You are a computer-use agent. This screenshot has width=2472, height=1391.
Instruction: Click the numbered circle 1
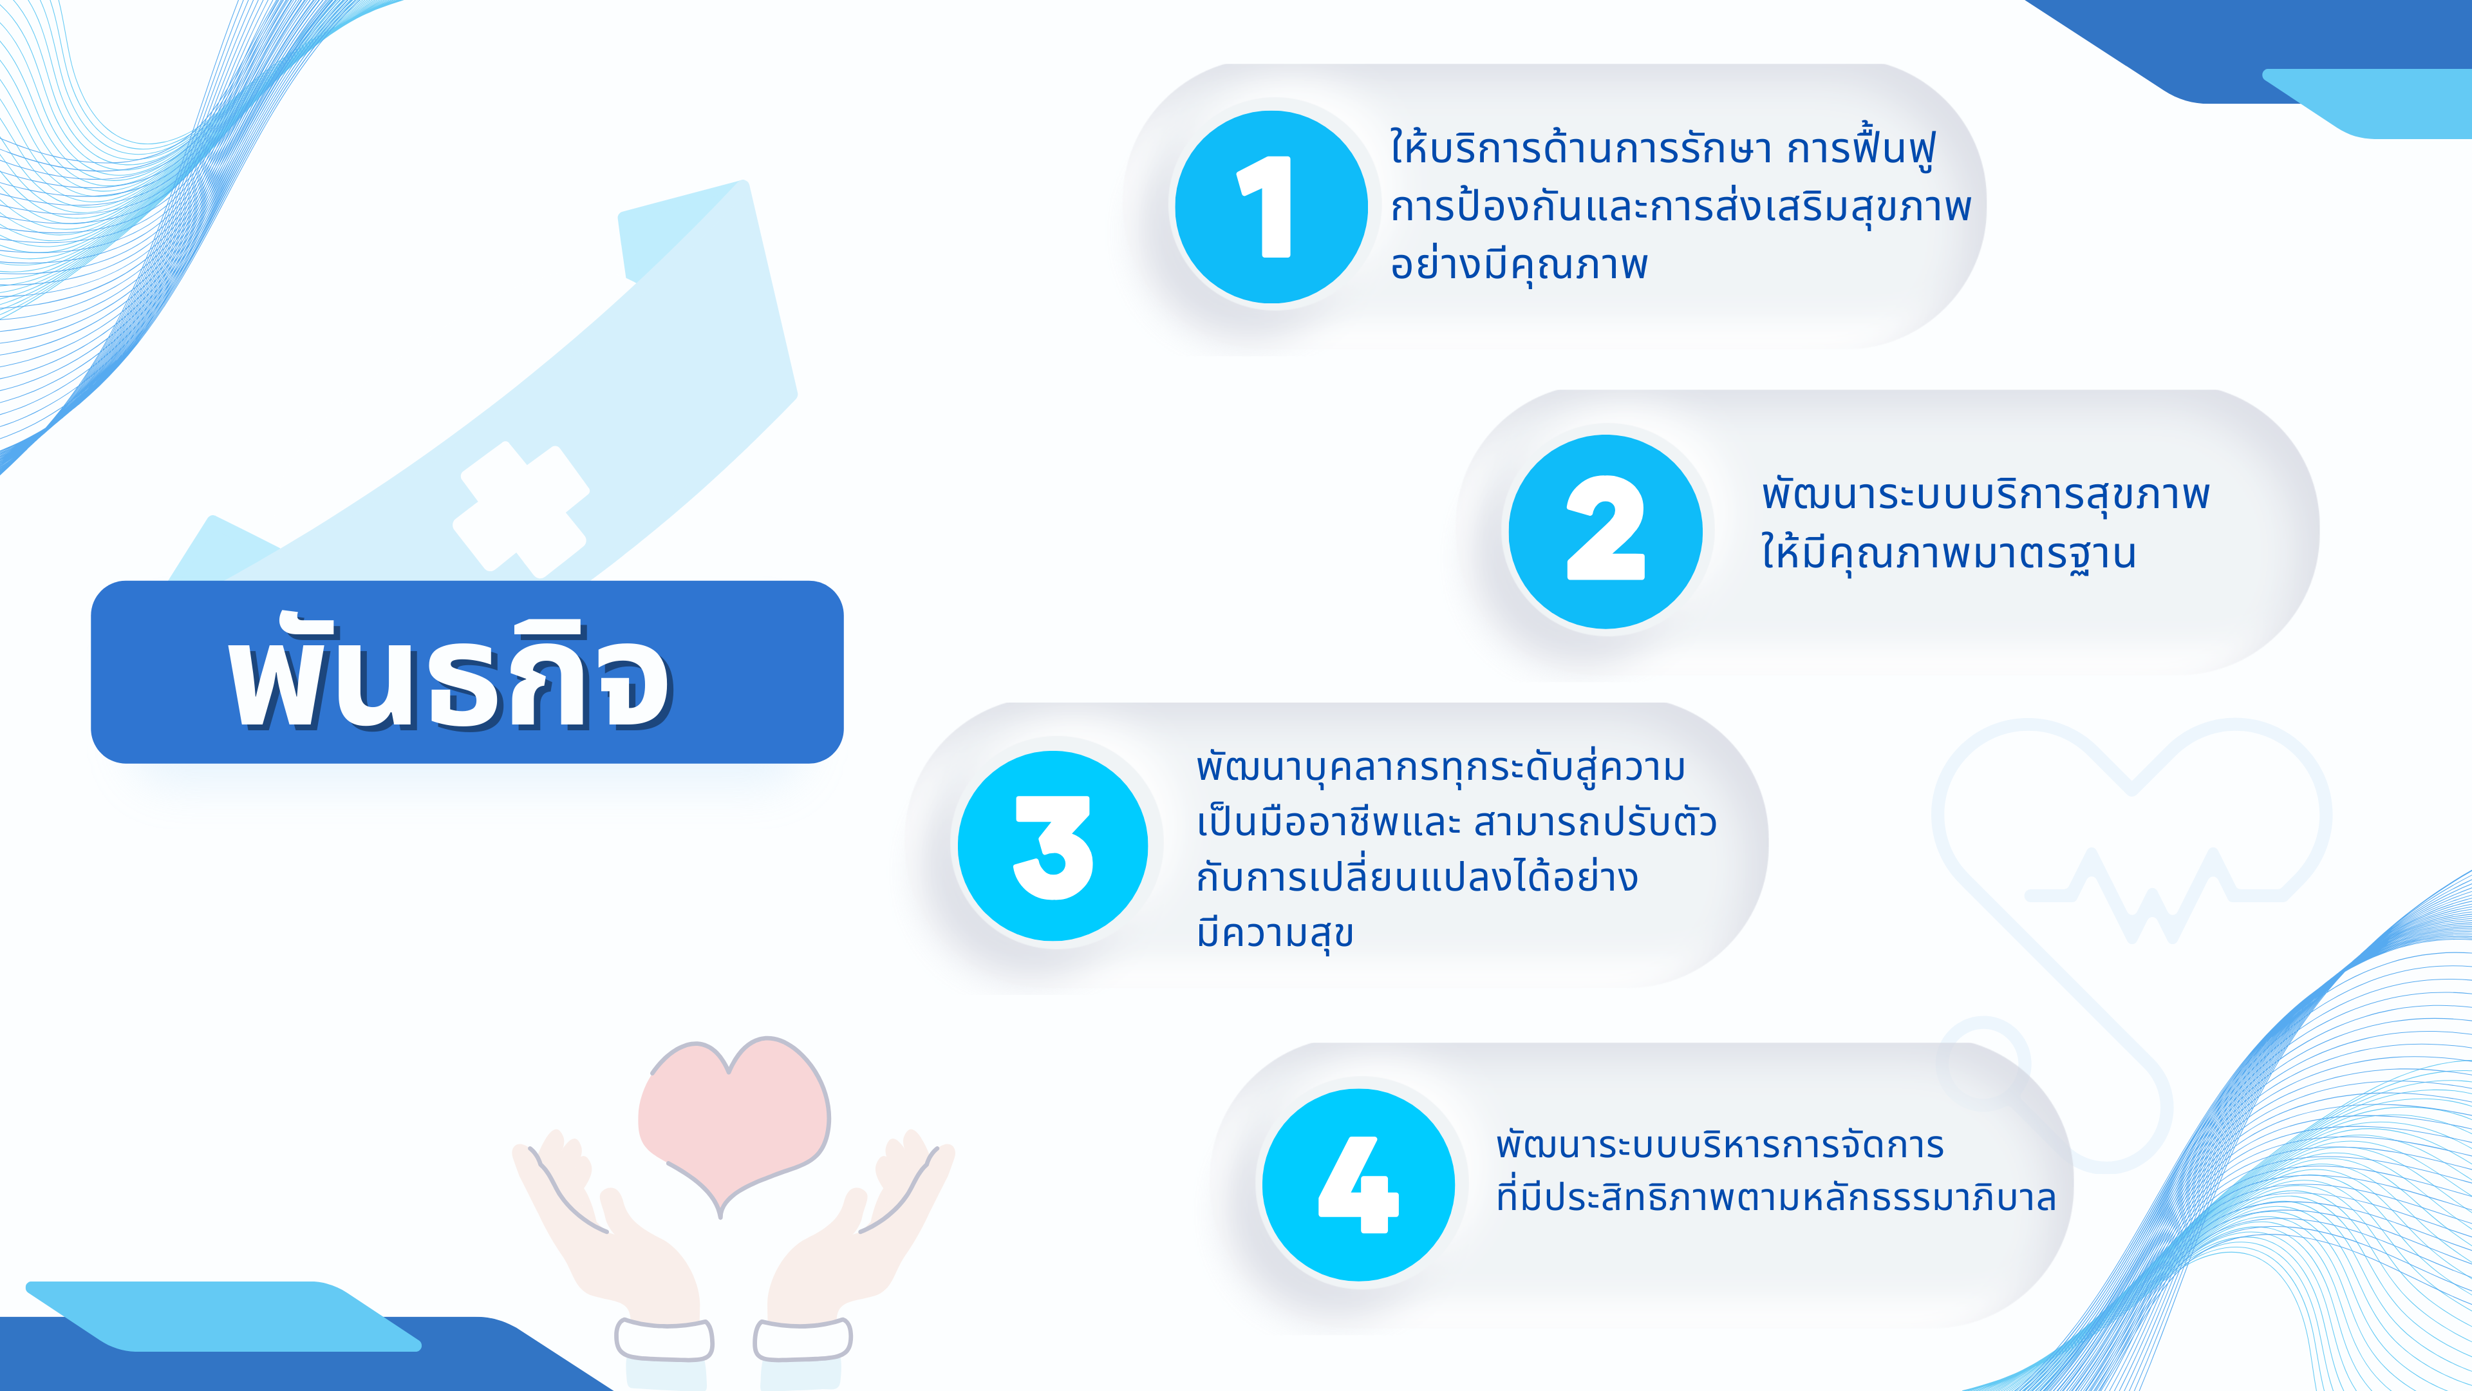pyautogui.click(x=1271, y=206)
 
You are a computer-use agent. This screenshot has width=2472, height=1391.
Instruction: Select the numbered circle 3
pyautogui.click(x=1053, y=846)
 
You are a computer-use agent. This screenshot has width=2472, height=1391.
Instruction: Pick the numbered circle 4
pyautogui.click(x=1358, y=1185)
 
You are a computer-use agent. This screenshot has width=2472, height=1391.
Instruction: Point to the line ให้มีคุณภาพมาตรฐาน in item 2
pyautogui.click(x=1948, y=554)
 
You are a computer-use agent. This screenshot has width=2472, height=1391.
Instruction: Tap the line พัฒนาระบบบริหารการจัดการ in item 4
pyautogui.click(x=1719, y=1144)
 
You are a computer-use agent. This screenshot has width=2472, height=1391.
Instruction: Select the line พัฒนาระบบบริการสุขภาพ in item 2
pyautogui.click(x=1985, y=495)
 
